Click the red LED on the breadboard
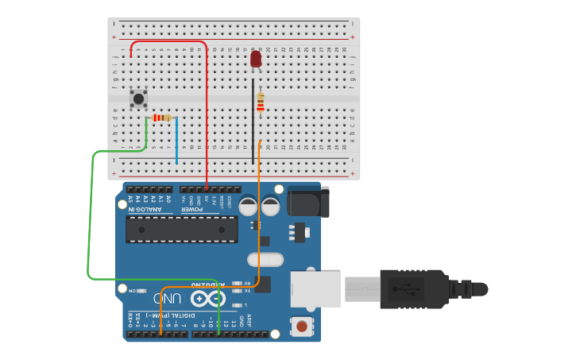[256, 59]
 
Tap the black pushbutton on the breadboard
[139, 99]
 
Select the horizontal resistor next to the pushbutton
[161, 118]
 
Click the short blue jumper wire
[176, 141]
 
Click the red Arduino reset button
[301, 325]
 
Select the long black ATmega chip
[182, 229]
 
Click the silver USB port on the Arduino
[315, 288]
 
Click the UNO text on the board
[168, 300]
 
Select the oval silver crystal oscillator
[265, 259]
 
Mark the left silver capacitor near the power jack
[248, 207]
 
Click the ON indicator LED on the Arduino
[141, 291]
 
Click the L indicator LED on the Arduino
[238, 304]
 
